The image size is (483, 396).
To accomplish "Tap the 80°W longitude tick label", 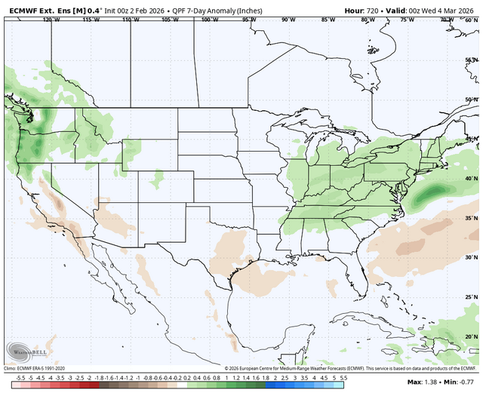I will (x=365, y=20).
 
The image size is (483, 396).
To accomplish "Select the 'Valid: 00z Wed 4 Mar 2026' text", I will (x=431, y=10).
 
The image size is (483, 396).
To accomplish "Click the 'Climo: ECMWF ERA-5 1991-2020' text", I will (x=41, y=367).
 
